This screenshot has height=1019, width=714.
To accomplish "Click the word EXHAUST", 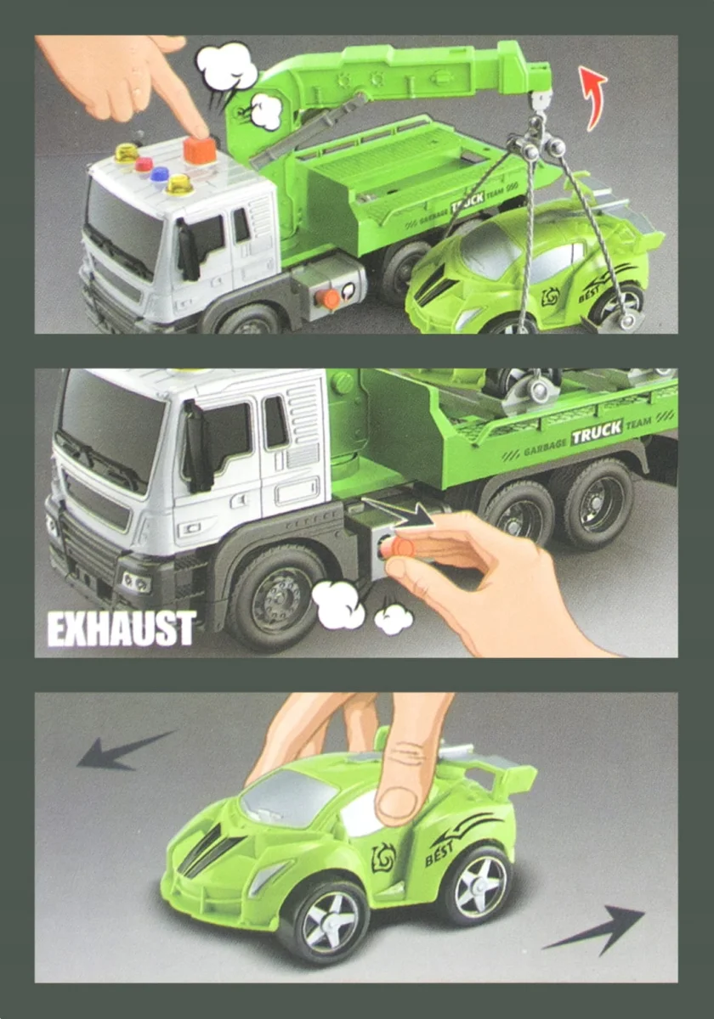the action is pyautogui.click(x=122, y=628).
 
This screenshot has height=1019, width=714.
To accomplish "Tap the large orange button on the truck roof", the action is pyautogui.click(x=199, y=150).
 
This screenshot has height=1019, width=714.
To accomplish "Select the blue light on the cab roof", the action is pyautogui.click(x=160, y=174).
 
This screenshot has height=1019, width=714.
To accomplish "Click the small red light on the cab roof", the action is pyautogui.click(x=144, y=164).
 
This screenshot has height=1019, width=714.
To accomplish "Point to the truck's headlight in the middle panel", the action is pyautogui.click(x=136, y=582).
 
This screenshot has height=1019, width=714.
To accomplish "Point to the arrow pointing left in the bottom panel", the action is pyautogui.click(x=124, y=751).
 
